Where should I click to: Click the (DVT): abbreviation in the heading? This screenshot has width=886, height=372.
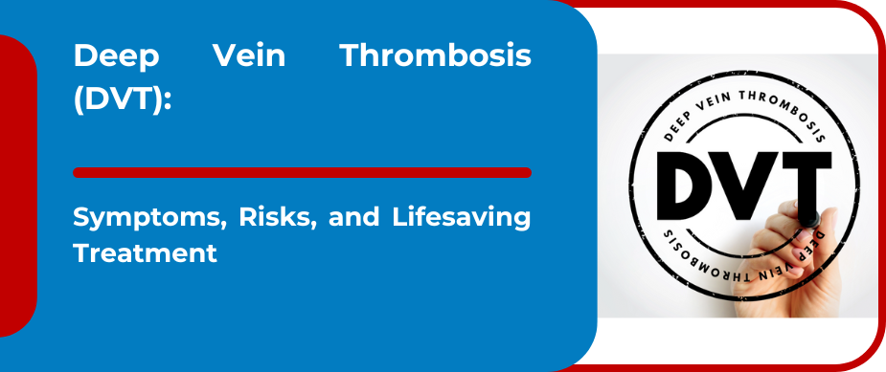pos(123,98)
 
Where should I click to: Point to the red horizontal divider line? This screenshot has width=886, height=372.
pos(302,172)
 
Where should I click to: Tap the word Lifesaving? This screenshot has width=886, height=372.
pos(460,218)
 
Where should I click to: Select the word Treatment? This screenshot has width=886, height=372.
pos(145,254)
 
